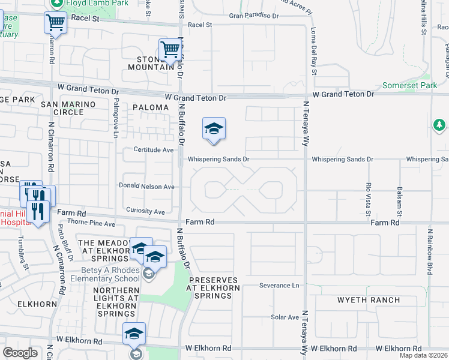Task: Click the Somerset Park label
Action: coord(410,86)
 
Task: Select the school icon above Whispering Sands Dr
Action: coord(214,129)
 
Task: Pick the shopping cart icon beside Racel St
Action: coord(55,23)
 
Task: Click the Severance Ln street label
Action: coord(279,286)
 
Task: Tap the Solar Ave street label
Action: coord(285,317)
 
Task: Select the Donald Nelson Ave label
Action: coord(146,187)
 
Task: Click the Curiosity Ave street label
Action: coord(145,211)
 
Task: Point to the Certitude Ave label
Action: coord(153,149)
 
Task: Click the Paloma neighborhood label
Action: coord(151,107)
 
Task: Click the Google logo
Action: coord(20,353)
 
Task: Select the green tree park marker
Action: coord(439,125)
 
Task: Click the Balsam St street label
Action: coord(399,201)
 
